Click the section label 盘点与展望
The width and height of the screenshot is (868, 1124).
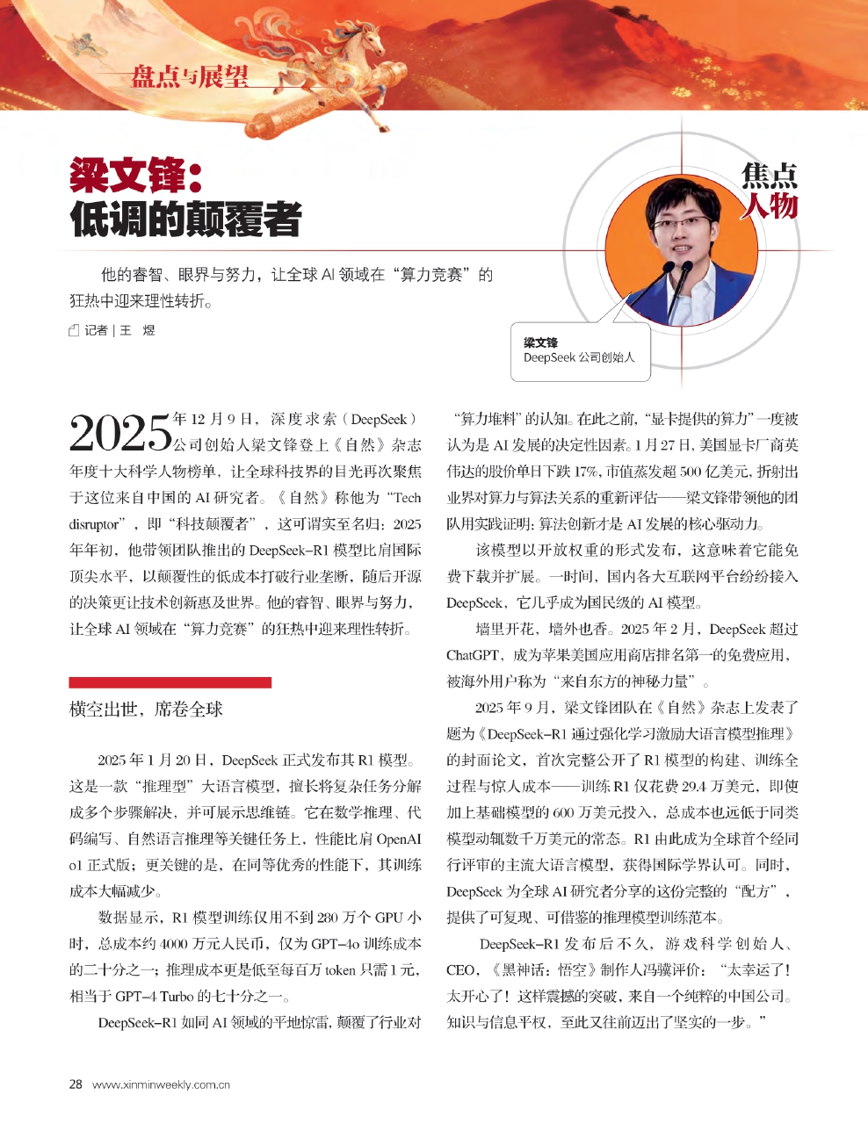(x=189, y=77)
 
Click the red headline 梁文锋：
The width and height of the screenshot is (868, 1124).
(x=137, y=177)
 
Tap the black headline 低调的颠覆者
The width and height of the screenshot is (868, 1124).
(x=185, y=220)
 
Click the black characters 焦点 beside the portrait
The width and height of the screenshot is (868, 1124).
(x=770, y=176)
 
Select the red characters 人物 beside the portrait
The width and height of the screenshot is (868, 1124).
(x=769, y=206)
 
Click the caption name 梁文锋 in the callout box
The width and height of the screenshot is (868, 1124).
(x=540, y=342)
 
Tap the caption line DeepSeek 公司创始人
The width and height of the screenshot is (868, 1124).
(x=579, y=357)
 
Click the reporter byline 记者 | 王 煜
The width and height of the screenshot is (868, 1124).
(x=119, y=330)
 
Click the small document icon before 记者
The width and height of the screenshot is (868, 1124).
(x=75, y=330)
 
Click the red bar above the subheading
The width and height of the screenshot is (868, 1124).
(x=170, y=681)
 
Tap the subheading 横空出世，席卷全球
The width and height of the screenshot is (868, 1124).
(x=146, y=710)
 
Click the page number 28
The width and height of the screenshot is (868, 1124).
(x=76, y=1084)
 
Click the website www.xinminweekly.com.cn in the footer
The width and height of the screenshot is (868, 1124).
(x=161, y=1084)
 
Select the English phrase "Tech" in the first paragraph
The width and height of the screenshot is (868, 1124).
(x=406, y=498)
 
